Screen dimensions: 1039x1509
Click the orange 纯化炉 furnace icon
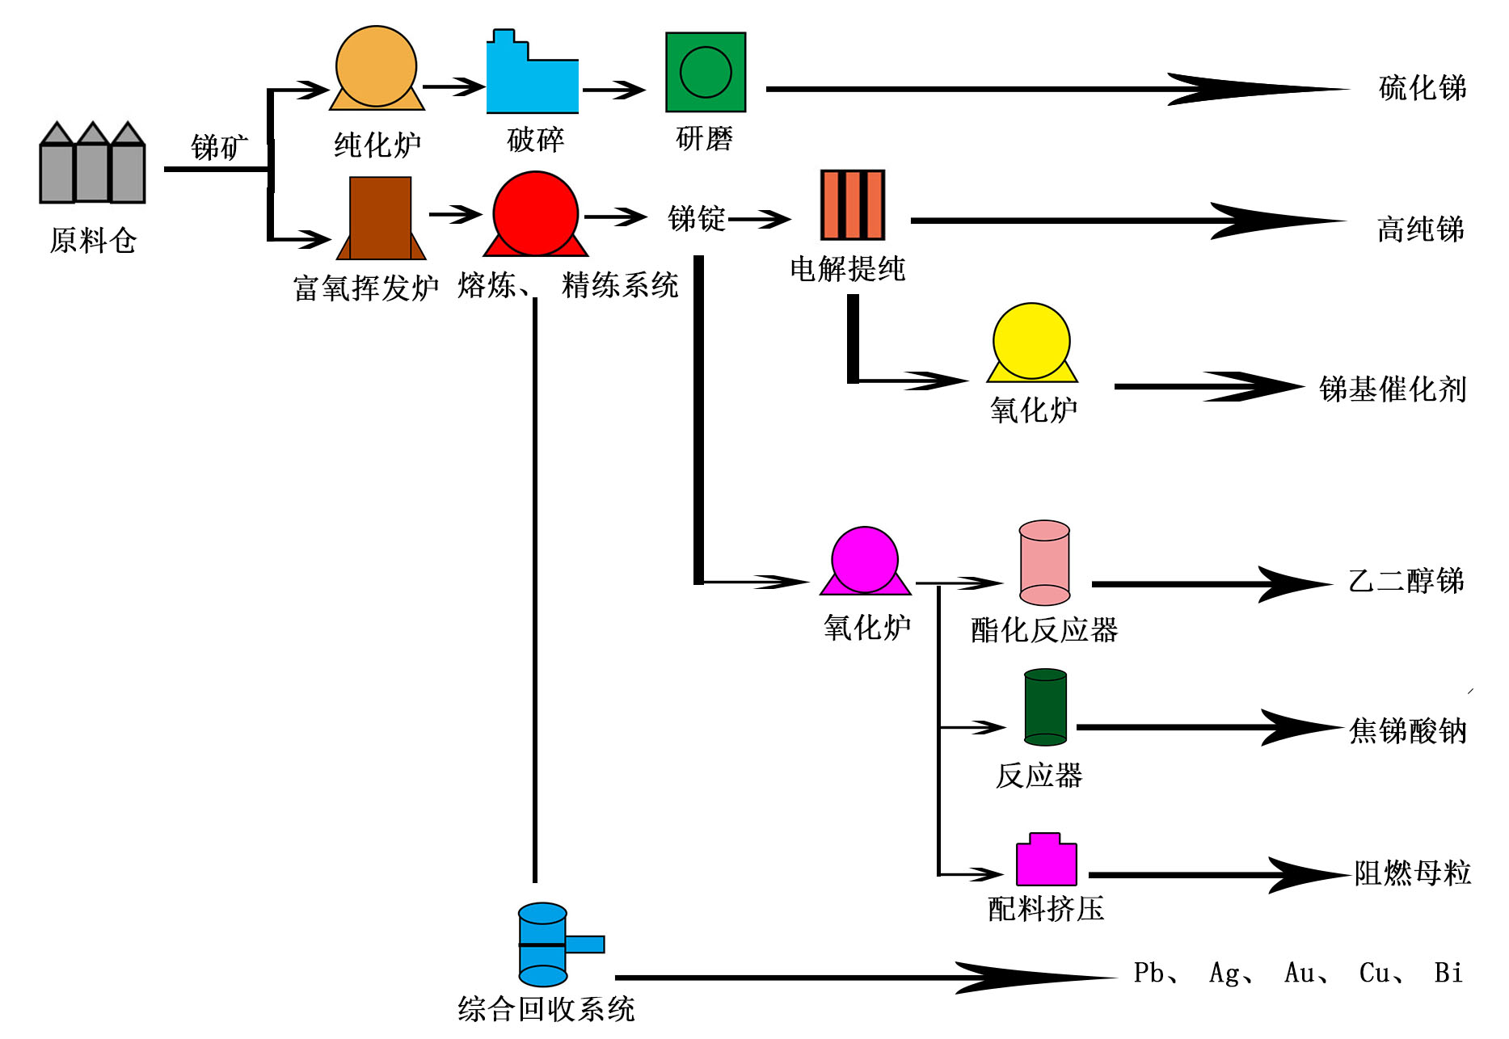tap(376, 69)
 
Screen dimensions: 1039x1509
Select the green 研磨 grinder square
tap(705, 72)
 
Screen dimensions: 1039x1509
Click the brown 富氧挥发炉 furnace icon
tap(380, 218)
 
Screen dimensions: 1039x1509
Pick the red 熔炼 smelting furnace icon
tap(535, 214)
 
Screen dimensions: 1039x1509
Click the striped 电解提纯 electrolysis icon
tap(852, 204)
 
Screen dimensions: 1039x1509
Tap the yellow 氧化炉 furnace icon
tap(1031, 343)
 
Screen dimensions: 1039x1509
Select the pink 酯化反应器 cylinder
tap(1044, 563)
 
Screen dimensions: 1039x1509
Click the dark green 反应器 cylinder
tap(1045, 707)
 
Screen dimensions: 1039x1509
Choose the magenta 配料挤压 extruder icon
tap(1046, 861)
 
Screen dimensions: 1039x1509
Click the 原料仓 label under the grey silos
tap(93, 240)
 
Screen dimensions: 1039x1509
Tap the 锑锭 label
tap(696, 218)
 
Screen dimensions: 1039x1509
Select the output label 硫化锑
tap(1422, 88)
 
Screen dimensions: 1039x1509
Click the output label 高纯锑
tap(1420, 229)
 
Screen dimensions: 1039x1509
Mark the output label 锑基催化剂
tap(1392, 389)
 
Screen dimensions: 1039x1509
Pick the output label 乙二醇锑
tap(1406, 581)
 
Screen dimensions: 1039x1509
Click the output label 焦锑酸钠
tap(1407, 730)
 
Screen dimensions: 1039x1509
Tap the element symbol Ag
tap(1225, 973)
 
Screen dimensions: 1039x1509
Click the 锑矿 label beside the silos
tap(218, 147)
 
